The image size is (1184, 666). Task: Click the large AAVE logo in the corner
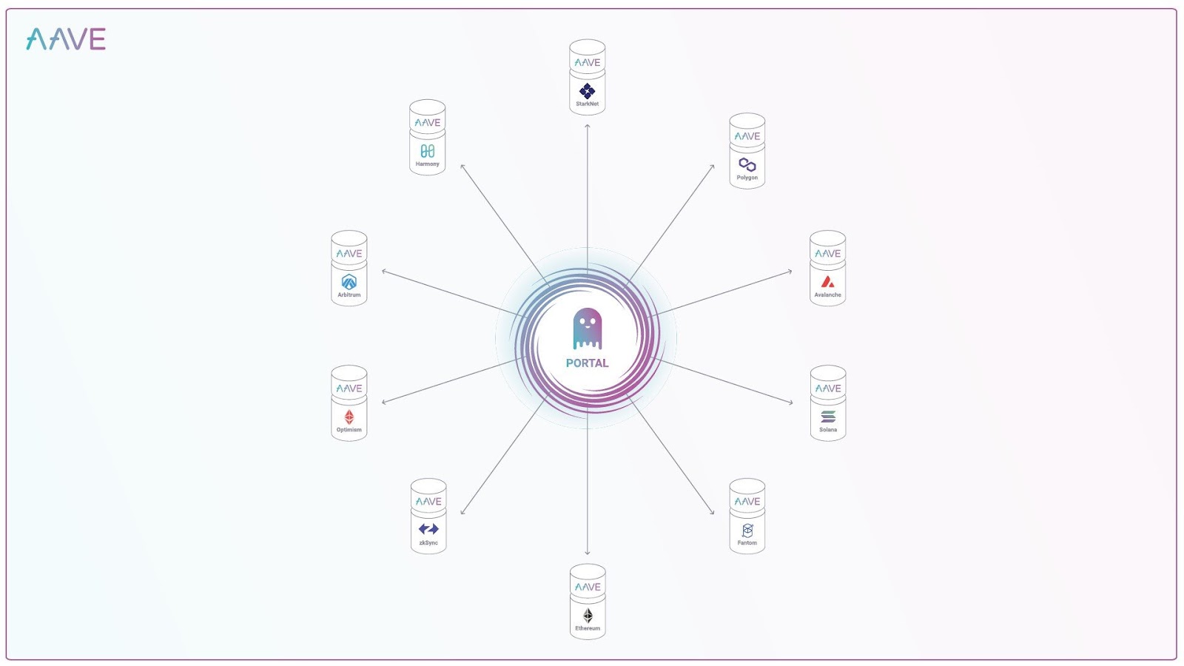(66, 39)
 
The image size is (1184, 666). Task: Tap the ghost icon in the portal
(588, 329)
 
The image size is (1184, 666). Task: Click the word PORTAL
(588, 363)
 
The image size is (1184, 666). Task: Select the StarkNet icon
(588, 90)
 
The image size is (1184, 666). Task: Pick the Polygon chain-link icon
(747, 164)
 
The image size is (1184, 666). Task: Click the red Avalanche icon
(828, 282)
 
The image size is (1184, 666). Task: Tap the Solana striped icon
(828, 417)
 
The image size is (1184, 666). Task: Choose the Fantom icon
(747, 530)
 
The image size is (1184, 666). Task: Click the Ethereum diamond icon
(588, 615)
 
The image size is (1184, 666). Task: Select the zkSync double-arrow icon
(428, 529)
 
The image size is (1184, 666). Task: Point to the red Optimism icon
(349, 417)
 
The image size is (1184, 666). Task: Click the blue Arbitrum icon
(349, 282)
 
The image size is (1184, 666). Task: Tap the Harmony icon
(428, 151)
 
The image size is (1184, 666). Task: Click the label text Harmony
(428, 164)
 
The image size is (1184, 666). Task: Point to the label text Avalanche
(828, 295)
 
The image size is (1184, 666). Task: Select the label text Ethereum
(588, 628)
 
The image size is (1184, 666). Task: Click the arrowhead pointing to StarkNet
(588, 126)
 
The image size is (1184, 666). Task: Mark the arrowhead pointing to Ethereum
(588, 553)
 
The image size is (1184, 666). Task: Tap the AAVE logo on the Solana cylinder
(828, 388)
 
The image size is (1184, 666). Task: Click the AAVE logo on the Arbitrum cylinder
(349, 254)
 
